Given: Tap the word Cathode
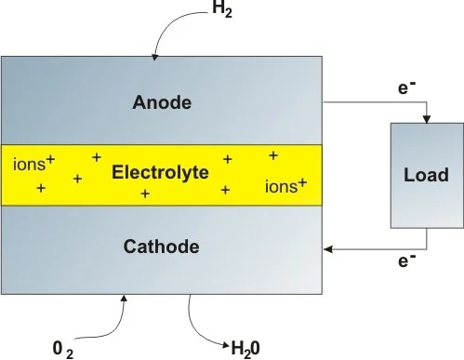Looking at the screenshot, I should point(161,247).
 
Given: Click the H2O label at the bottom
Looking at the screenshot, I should point(251,348).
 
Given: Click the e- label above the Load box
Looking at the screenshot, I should point(405,91).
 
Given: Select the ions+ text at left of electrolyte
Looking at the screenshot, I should point(34,166).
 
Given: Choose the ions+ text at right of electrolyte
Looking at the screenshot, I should point(285,186).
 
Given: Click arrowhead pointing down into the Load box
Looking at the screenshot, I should point(427,117).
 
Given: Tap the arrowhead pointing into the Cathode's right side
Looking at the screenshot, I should point(326,247).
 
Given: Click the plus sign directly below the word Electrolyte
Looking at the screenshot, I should point(145,193).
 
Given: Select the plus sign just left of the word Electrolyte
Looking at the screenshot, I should point(77,178).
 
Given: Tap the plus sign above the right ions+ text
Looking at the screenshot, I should point(272,154).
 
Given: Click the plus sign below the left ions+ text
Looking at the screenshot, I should point(40,188).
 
